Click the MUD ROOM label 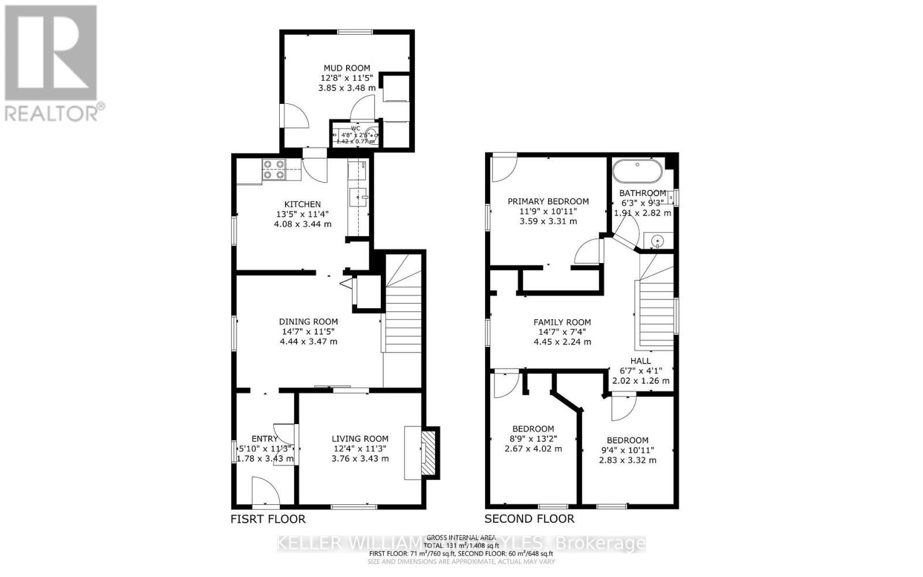coord(346,68)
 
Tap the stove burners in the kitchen coord(274,170)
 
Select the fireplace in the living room coord(428,452)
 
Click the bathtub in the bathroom coord(637,171)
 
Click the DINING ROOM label coord(309,322)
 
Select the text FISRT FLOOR coord(268,519)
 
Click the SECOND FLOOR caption coord(529,519)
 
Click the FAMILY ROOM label coord(562,323)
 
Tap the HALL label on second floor coord(640,361)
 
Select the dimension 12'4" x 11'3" coord(360,448)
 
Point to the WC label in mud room coord(355,128)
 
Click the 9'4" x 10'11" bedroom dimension coord(628,450)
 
